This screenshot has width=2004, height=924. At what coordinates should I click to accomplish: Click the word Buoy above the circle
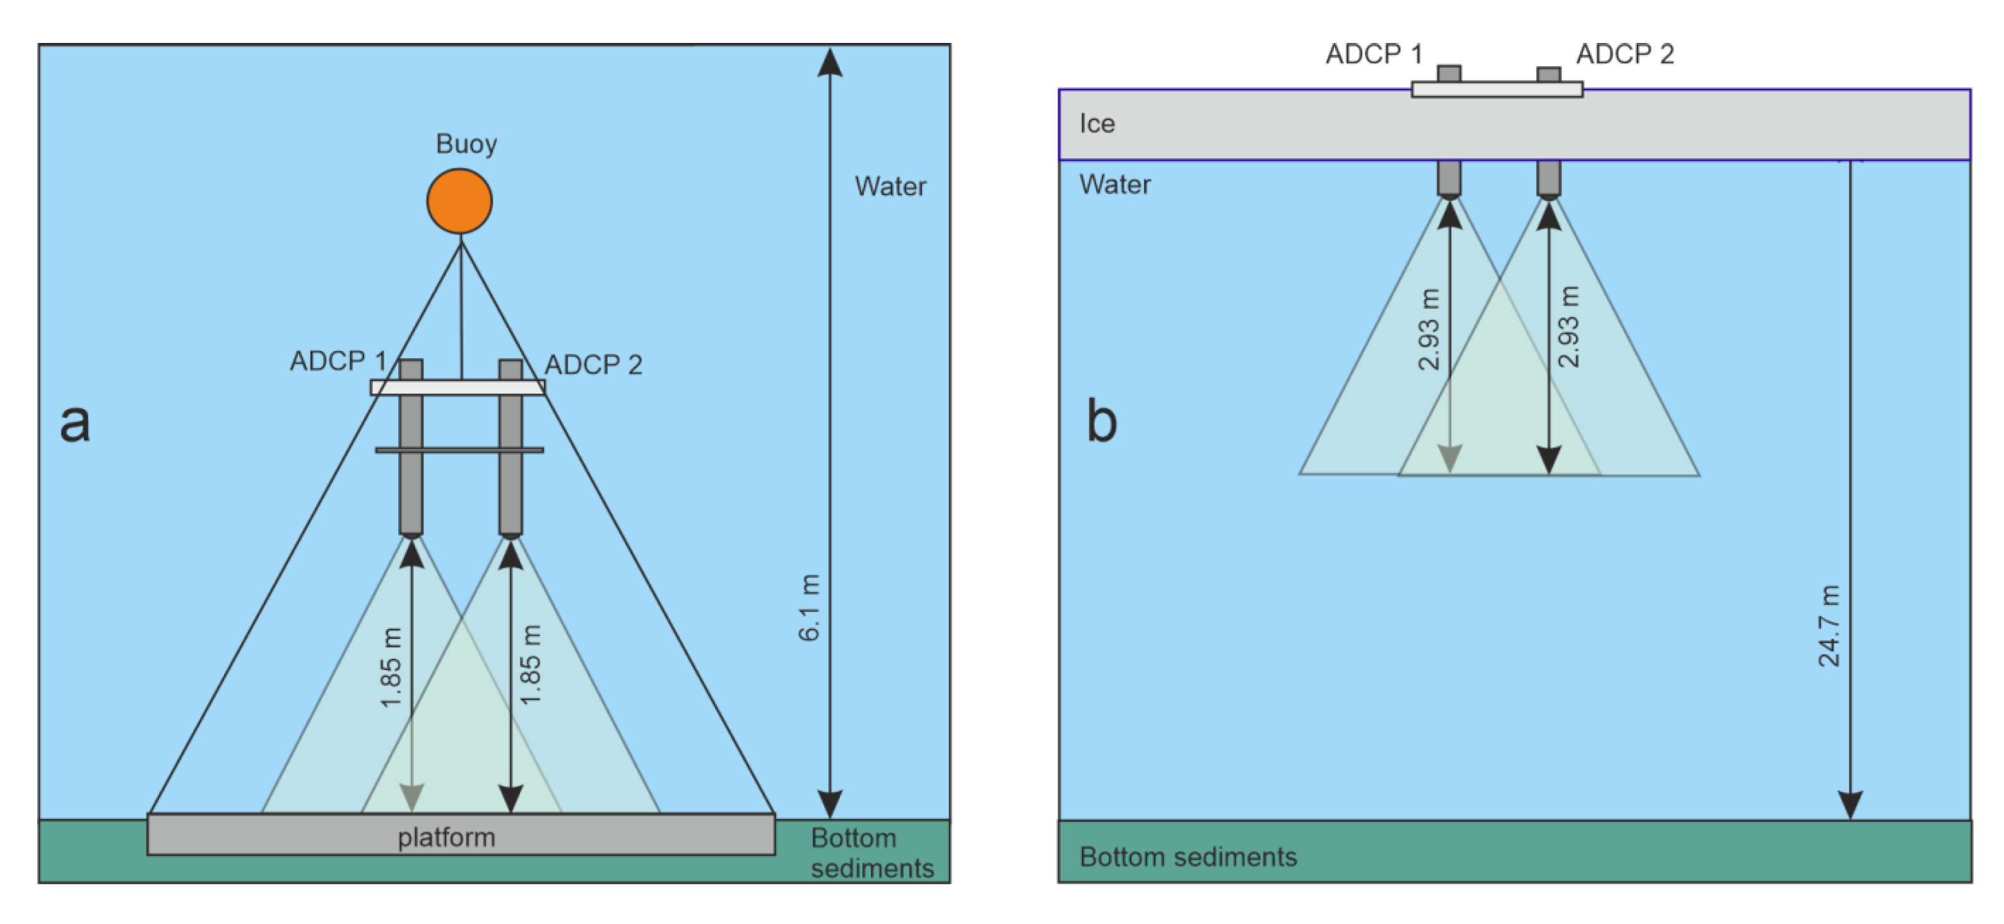466,143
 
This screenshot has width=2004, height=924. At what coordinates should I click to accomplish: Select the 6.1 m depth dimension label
809,608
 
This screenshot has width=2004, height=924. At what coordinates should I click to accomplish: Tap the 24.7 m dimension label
1829,626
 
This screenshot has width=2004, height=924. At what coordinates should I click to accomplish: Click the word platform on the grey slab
447,837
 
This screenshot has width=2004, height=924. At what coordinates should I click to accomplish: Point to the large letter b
1101,423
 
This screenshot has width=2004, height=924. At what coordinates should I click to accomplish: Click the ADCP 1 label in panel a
338,361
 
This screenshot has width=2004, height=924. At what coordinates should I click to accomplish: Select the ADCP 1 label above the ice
1374,54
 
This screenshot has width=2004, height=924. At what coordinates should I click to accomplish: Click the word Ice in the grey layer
1097,124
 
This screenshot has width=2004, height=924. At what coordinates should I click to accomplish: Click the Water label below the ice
1115,184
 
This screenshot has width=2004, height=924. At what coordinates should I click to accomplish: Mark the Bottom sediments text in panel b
1188,856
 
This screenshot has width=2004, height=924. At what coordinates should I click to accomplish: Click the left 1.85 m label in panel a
391,667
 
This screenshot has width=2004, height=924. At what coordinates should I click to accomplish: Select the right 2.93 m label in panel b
1569,327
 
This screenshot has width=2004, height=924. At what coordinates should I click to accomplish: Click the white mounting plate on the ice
1497,90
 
